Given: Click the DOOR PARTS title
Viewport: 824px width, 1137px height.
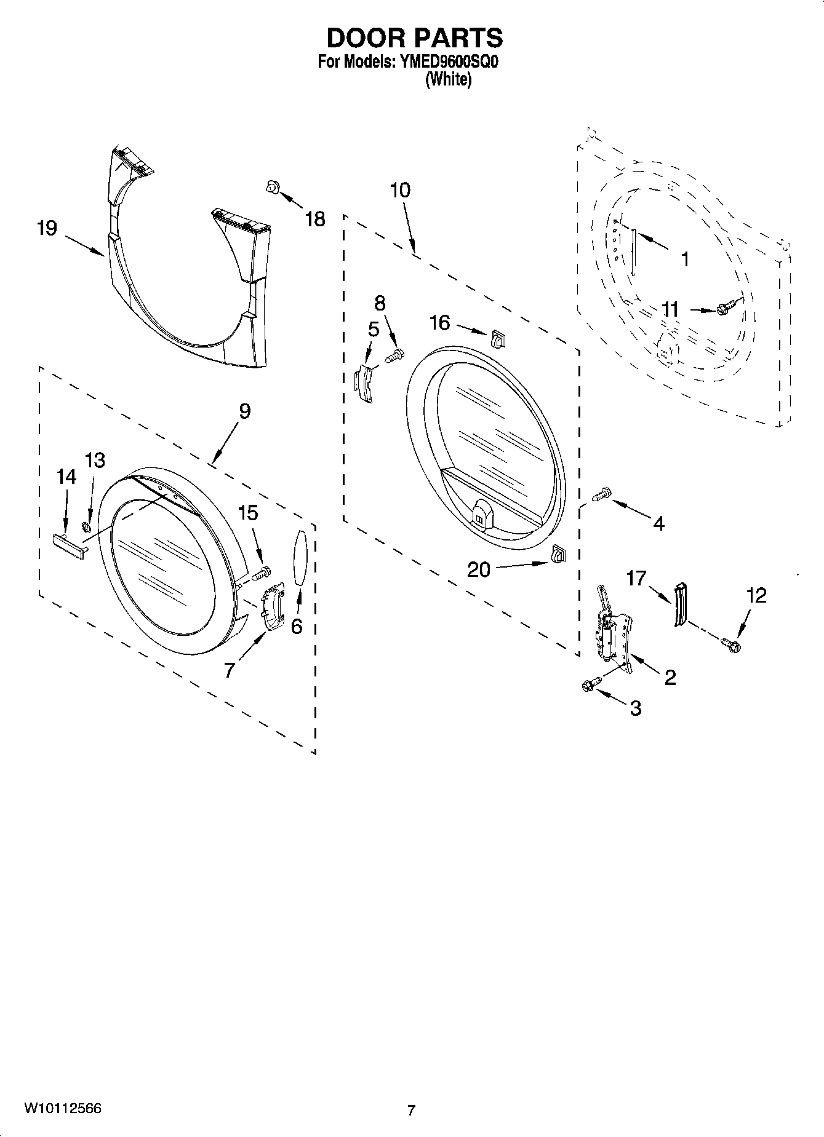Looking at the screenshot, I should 414,38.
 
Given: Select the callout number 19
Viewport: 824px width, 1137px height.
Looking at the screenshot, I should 47,228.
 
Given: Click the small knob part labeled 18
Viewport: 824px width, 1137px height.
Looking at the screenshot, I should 271,187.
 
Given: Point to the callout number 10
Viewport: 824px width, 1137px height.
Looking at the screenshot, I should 400,190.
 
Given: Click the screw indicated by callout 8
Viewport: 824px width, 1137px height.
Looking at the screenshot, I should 395,355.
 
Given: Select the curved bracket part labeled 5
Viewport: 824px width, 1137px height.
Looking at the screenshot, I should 365,384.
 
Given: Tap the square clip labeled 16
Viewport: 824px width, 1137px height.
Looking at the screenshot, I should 497,338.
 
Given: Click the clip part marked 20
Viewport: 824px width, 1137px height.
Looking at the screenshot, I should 558,555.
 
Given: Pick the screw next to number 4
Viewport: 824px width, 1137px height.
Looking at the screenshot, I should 602,494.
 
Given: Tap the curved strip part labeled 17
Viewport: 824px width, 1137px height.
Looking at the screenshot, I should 681,604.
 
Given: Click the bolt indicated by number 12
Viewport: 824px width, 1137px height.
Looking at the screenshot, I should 732,645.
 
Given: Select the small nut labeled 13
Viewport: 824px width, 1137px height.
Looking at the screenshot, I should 87,527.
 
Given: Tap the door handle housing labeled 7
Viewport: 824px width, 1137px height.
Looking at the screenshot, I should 271,607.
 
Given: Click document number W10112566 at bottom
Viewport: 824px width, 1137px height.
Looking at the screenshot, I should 63,1108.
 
